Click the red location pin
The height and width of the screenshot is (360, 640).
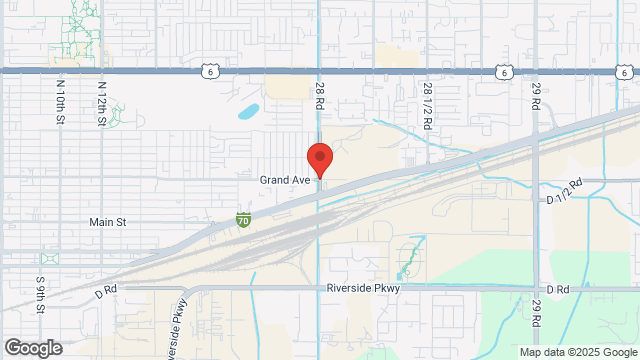tap(319, 159)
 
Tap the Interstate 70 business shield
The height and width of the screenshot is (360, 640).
tap(243, 218)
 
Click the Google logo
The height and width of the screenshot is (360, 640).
tap(32, 348)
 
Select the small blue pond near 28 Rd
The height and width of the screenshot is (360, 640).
tap(247, 111)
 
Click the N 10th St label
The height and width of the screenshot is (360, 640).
tap(59, 102)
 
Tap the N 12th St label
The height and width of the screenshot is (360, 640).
tap(101, 102)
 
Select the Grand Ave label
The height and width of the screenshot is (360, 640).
tap(286, 179)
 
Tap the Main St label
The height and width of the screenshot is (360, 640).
tap(108, 222)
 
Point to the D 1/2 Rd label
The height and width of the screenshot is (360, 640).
tap(565, 193)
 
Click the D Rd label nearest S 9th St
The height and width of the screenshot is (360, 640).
tap(106, 294)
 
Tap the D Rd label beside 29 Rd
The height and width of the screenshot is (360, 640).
tap(558, 289)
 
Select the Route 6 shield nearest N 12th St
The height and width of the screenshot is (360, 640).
tap(208, 70)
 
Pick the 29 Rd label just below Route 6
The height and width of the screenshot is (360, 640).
tap(536, 97)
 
